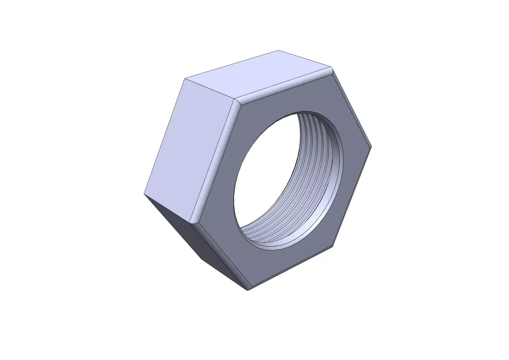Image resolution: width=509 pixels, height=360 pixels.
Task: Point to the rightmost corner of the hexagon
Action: pos(371,147)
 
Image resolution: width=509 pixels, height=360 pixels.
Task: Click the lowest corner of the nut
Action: pos(249,290)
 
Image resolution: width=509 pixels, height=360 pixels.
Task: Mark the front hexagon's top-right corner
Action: pos(332,68)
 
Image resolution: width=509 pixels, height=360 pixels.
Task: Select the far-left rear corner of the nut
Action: pos(144,194)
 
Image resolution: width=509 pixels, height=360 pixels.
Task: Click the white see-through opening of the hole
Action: pos(271,170)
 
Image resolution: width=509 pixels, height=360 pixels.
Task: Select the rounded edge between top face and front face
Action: pos(284,85)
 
